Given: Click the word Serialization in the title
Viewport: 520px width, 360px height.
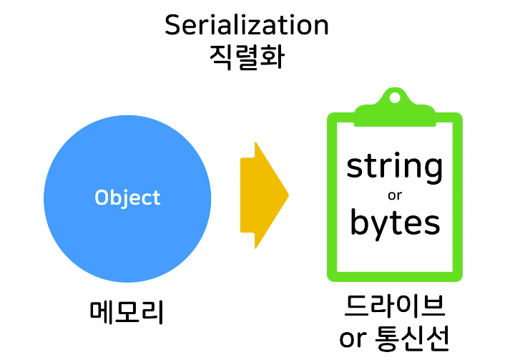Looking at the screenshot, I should pyautogui.click(x=246, y=25).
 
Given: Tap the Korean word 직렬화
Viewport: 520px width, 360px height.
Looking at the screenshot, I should pyautogui.click(x=246, y=57).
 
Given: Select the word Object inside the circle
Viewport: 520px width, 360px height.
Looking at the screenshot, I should pyautogui.click(x=127, y=198).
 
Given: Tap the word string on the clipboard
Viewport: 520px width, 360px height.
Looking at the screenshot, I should pyautogui.click(x=394, y=167).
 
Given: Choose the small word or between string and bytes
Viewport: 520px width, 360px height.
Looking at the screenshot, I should pyautogui.click(x=395, y=195).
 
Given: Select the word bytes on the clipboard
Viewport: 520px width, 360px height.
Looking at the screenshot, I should pyautogui.click(x=394, y=223).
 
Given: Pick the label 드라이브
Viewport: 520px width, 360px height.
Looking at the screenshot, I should pyautogui.click(x=395, y=307).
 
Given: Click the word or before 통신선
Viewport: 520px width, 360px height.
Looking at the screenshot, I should pyautogui.click(x=353, y=339).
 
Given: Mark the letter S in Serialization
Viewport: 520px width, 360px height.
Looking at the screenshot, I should pyautogui.click(x=172, y=25).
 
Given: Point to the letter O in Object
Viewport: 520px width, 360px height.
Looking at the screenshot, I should pyautogui.click(x=102, y=198).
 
